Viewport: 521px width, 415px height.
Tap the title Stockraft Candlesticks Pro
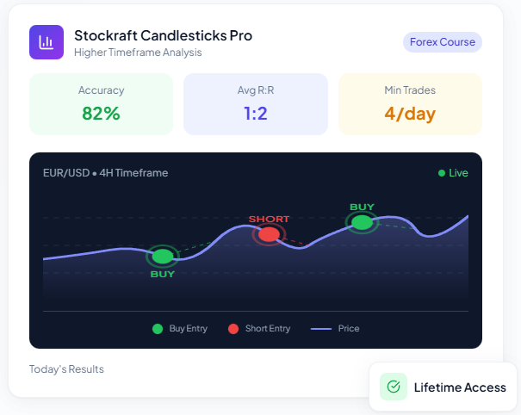coord(163,35)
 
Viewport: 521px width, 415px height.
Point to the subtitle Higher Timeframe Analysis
coord(138,53)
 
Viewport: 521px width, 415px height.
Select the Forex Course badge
coord(443,41)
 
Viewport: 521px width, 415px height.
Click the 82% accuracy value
coord(101,113)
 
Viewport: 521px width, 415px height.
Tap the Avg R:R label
coord(255,90)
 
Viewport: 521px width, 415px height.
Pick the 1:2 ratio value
coord(255,113)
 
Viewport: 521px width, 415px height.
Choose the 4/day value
coord(409,113)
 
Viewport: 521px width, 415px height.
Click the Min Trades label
coord(409,90)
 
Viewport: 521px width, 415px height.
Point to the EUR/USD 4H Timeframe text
coord(105,172)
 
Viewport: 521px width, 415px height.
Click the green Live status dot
coord(442,173)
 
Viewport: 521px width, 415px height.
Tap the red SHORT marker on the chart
coord(269,234)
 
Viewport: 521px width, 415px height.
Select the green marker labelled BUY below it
coord(162,256)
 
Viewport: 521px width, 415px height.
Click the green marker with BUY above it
coord(362,222)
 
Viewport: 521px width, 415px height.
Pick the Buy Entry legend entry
coord(180,328)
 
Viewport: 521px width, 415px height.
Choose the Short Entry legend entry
coord(259,328)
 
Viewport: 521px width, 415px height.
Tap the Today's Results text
coord(66,369)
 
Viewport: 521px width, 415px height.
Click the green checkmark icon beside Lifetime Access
coord(394,387)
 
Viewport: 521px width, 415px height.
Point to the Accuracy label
coord(101,90)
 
